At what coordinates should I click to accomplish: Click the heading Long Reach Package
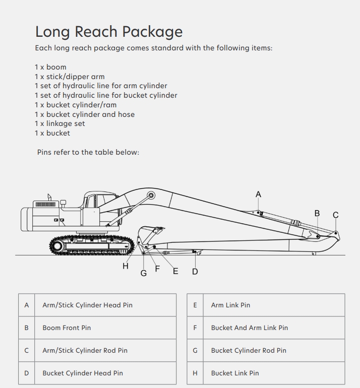(x=108, y=32)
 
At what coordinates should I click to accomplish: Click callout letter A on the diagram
(x=259, y=195)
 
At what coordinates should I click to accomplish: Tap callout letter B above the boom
(x=317, y=213)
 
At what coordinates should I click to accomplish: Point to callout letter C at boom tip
(x=336, y=215)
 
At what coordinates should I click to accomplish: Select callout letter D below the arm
(x=195, y=272)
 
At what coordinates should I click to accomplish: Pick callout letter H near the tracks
(x=126, y=266)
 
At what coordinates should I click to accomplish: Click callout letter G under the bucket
(x=144, y=273)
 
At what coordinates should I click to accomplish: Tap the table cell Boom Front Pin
(x=67, y=328)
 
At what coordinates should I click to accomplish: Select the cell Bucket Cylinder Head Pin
(x=82, y=373)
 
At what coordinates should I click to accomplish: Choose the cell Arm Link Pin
(x=230, y=305)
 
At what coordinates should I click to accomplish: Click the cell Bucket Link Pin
(x=235, y=373)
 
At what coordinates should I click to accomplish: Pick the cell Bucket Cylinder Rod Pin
(x=249, y=350)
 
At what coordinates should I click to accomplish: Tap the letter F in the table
(x=195, y=328)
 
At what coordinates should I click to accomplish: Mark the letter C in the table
(x=27, y=350)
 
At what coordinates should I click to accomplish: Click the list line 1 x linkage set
(x=59, y=123)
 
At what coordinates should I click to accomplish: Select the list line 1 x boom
(x=50, y=67)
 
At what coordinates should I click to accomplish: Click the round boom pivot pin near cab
(x=151, y=195)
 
